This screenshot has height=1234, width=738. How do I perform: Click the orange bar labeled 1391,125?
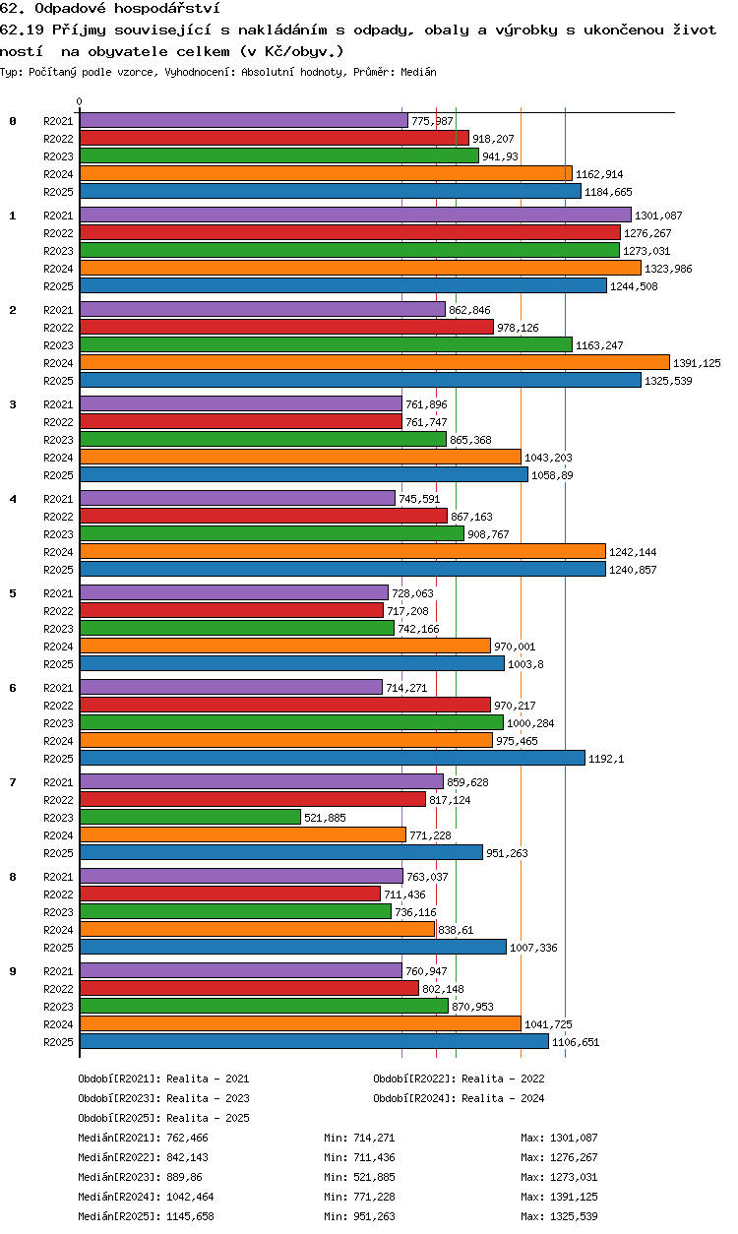375,362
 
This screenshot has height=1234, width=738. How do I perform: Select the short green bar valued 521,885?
190,817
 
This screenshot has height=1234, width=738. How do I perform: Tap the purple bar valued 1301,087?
355,215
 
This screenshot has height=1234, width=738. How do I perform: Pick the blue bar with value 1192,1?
333,758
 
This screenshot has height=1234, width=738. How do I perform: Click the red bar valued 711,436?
230,894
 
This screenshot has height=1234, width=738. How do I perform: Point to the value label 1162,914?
599,174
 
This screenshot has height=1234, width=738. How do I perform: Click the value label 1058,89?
552,475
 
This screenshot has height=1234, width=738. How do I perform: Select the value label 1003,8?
525,664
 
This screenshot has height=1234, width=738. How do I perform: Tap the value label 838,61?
456,930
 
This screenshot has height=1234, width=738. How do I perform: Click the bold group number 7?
13,782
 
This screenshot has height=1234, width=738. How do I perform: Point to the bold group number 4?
13,499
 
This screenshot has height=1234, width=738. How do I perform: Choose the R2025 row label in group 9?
58,1042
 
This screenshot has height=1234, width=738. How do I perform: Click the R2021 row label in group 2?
58,310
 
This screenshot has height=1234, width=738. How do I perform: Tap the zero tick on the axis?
80,101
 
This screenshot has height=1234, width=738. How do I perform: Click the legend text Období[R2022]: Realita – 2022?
459,1079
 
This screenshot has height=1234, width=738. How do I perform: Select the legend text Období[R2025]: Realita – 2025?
163,1118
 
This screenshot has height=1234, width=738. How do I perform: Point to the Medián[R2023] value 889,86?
185,1177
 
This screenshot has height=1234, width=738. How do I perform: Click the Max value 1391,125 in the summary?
574,1197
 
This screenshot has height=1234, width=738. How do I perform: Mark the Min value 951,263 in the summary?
374,1216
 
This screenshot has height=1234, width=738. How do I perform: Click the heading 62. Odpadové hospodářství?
110,8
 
